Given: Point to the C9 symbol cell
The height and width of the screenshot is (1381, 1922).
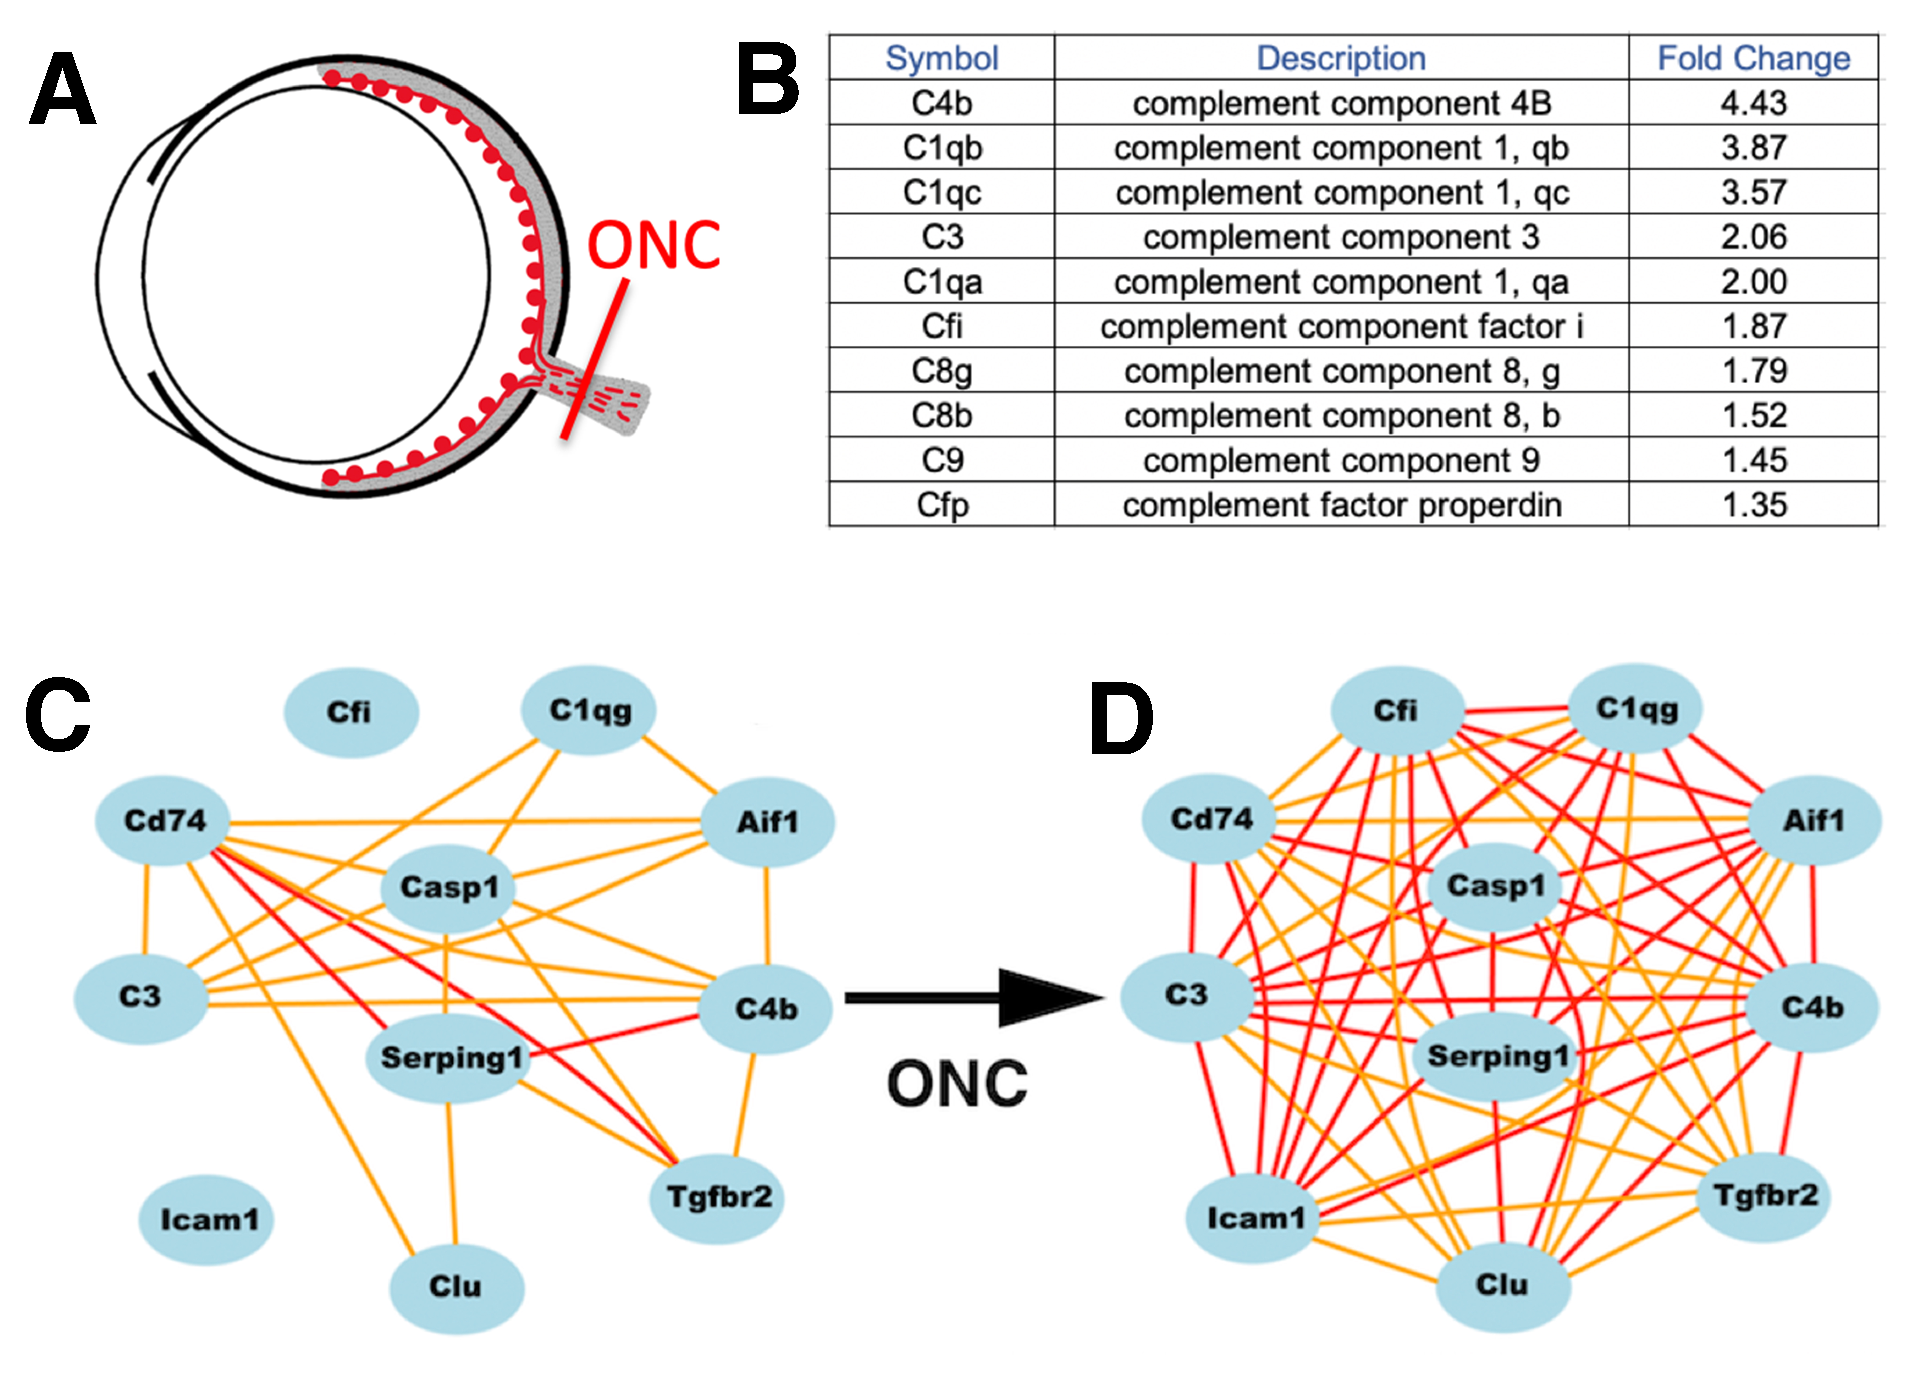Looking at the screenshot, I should [942, 460].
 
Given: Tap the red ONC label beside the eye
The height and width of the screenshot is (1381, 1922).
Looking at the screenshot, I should [653, 246].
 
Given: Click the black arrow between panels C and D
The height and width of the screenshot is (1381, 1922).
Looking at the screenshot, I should [975, 998].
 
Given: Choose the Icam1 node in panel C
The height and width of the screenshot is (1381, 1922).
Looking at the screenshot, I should [206, 1220].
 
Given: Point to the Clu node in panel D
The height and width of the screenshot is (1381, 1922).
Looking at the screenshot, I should [1503, 1285].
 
